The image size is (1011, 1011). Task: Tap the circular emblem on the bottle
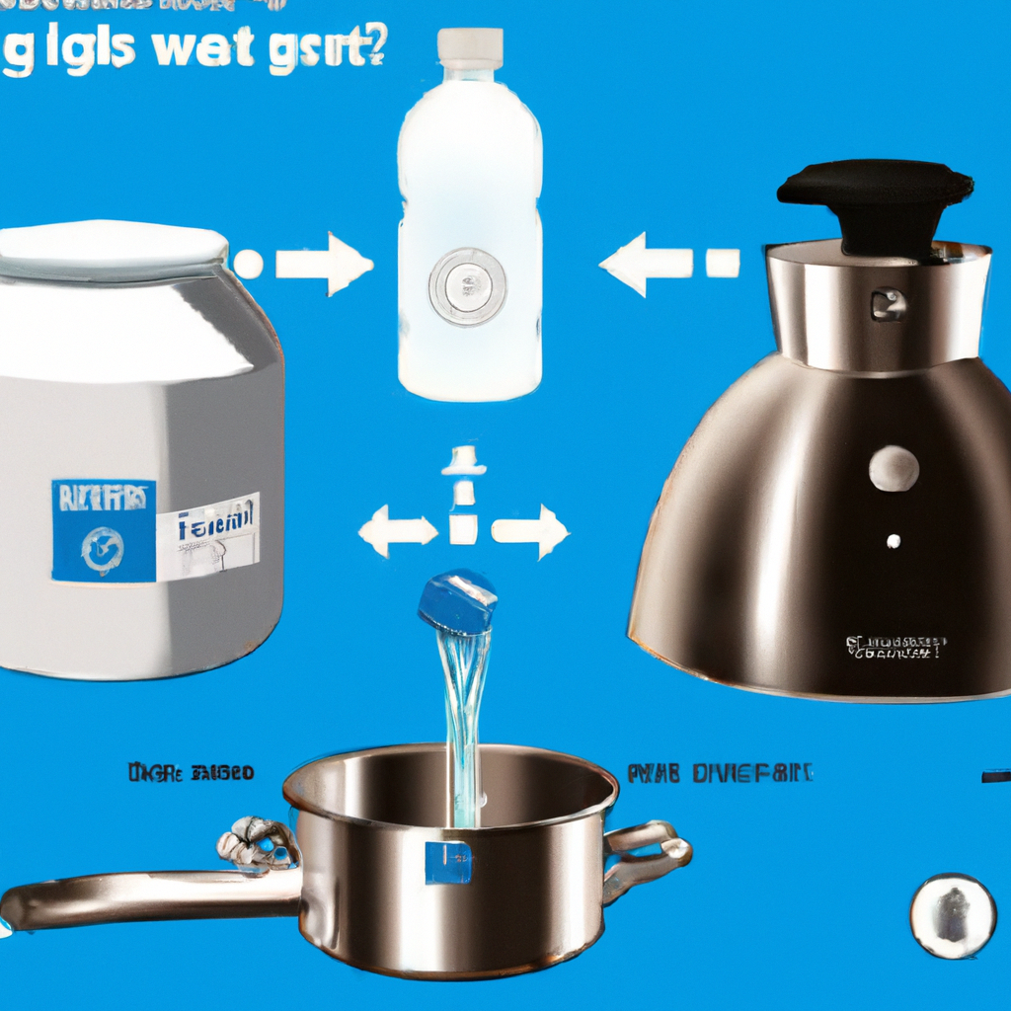[x=467, y=286]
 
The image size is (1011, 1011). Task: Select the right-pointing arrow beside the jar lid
[x=325, y=264]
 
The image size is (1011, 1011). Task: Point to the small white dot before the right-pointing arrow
[x=248, y=264]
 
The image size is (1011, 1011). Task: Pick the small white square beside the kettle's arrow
[x=723, y=264]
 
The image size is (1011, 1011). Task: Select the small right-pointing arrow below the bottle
[x=530, y=531]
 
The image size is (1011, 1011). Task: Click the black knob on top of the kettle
[x=875, y=202]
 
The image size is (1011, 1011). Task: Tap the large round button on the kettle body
[x=894, y=467]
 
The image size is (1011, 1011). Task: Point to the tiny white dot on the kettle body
[x=893, y=541]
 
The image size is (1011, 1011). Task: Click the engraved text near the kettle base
[x=894, y=648]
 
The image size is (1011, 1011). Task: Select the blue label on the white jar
[x=103, y=531]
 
